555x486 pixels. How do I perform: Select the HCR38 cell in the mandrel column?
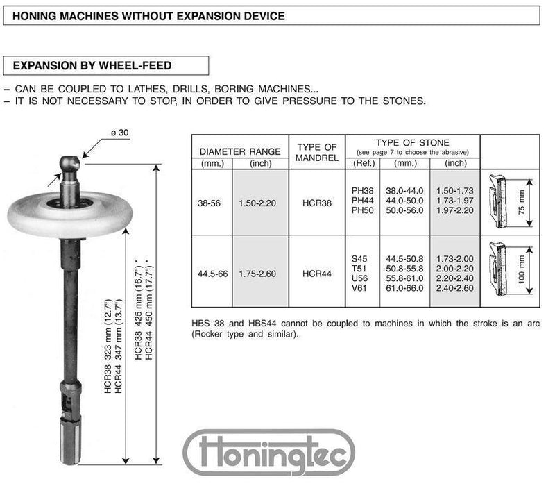click(x=316, y=205)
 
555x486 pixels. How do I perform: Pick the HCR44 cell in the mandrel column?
click(x=316, y=274)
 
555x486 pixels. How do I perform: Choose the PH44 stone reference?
click(x=363, y=200)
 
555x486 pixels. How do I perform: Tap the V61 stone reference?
click(x=360, y=287)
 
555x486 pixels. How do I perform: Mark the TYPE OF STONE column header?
click(x=412, y=143)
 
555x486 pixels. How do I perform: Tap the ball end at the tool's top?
click(x=69, y=165)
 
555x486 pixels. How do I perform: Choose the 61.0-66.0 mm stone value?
click(x=404, y=287)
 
